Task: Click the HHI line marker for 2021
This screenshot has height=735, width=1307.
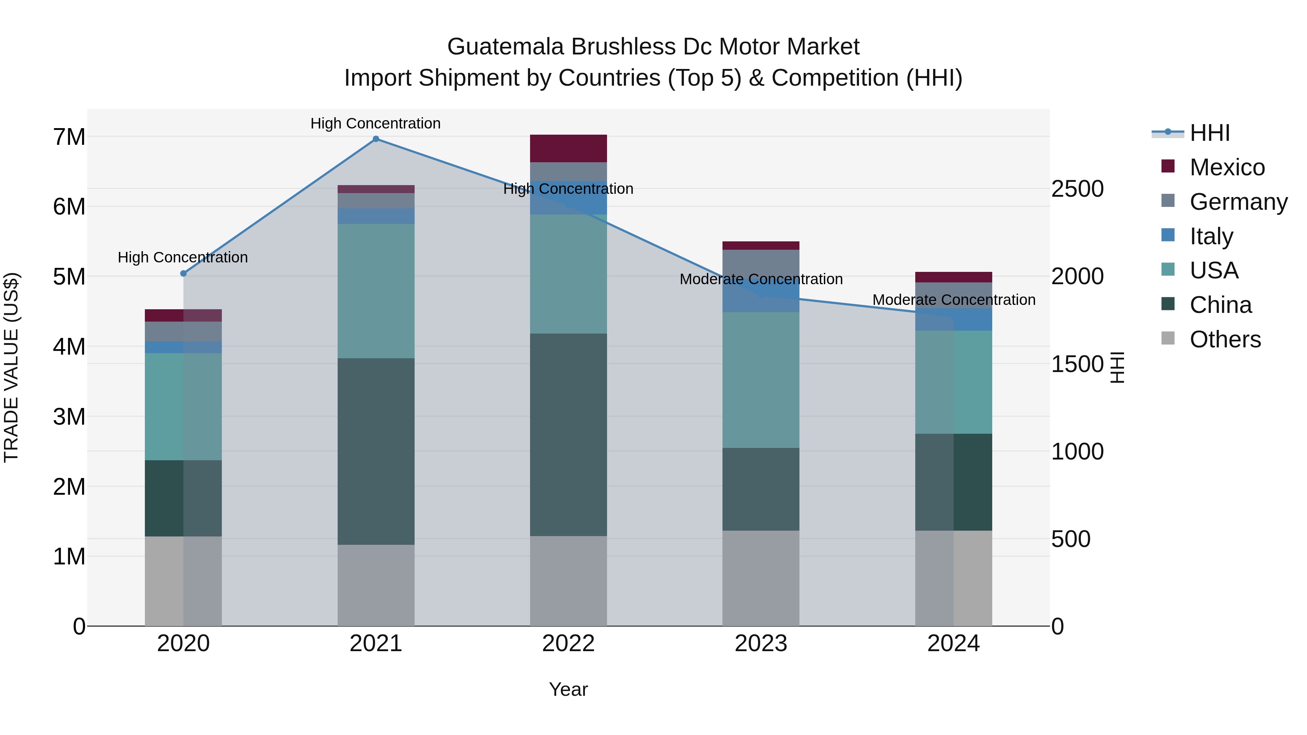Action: click(x=376, y=139)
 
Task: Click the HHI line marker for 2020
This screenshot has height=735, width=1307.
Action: click(x=184, y=273)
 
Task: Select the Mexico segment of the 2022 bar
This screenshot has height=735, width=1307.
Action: click(x=568, y=148)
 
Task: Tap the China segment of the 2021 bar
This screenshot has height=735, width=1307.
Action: click(x=376, y=452)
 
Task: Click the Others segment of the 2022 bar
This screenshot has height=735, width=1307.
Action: click(x=568, y=581)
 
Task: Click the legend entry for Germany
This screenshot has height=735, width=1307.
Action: click(x=1238, y=202)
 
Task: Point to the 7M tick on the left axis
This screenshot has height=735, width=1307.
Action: click(x=69, y=137)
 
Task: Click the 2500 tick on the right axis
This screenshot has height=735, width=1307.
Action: click(x=1077, y=189)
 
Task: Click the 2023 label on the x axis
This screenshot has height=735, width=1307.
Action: click(x=761, y=644)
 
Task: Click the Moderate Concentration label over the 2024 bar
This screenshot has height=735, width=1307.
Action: click(x=953, y=300)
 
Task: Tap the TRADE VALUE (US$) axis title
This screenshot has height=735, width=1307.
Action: click(x=11, y=367)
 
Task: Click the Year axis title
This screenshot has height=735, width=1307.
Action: click(x=568, y=689)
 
